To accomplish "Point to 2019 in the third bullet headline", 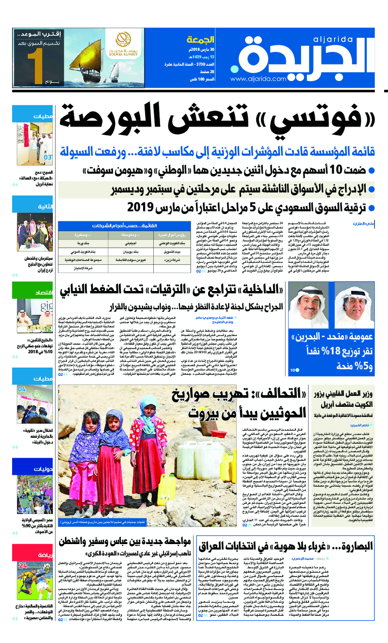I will [139, 207].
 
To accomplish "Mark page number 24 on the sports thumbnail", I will [23, 565].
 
